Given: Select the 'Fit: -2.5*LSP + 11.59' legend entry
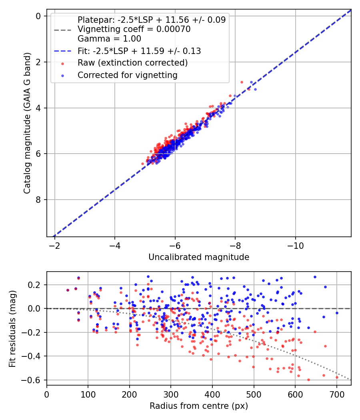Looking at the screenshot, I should click(x=139, y=51).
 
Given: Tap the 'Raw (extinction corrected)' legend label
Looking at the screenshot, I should click(x=132, y=63).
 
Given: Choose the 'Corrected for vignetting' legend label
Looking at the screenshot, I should click(x=128, y=75).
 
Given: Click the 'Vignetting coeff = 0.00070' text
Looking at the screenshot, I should click(x=134, y=29).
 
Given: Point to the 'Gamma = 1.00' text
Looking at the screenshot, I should click(x=109, y=39).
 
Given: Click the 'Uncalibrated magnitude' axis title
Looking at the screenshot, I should click(x=199, y=257).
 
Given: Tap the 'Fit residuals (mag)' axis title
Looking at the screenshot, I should click(x=12, y=328).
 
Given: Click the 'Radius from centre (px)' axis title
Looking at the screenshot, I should click(x=199, y=406).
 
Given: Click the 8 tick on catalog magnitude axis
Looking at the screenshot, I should click(x=38, y=200).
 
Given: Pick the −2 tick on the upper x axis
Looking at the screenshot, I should click(x=54, y=244).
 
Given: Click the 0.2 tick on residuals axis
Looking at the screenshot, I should click(x=37, y=285).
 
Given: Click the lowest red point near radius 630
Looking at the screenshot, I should click(x=308, y=380).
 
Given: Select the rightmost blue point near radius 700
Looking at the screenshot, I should click(x=337, y=313).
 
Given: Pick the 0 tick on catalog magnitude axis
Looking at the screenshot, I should click(x=38, y=16).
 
